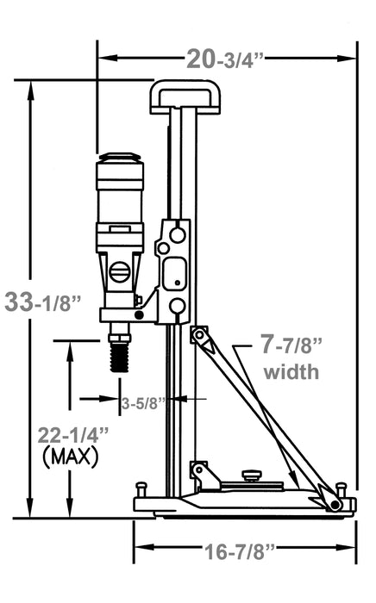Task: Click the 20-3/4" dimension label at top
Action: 226,59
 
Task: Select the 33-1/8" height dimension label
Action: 44,302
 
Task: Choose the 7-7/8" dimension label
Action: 291,347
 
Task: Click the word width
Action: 291,373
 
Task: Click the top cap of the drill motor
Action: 119,159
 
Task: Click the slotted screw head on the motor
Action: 120,273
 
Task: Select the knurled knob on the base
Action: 251,474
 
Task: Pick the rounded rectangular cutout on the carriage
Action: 174,271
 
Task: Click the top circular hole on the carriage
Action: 177,233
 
